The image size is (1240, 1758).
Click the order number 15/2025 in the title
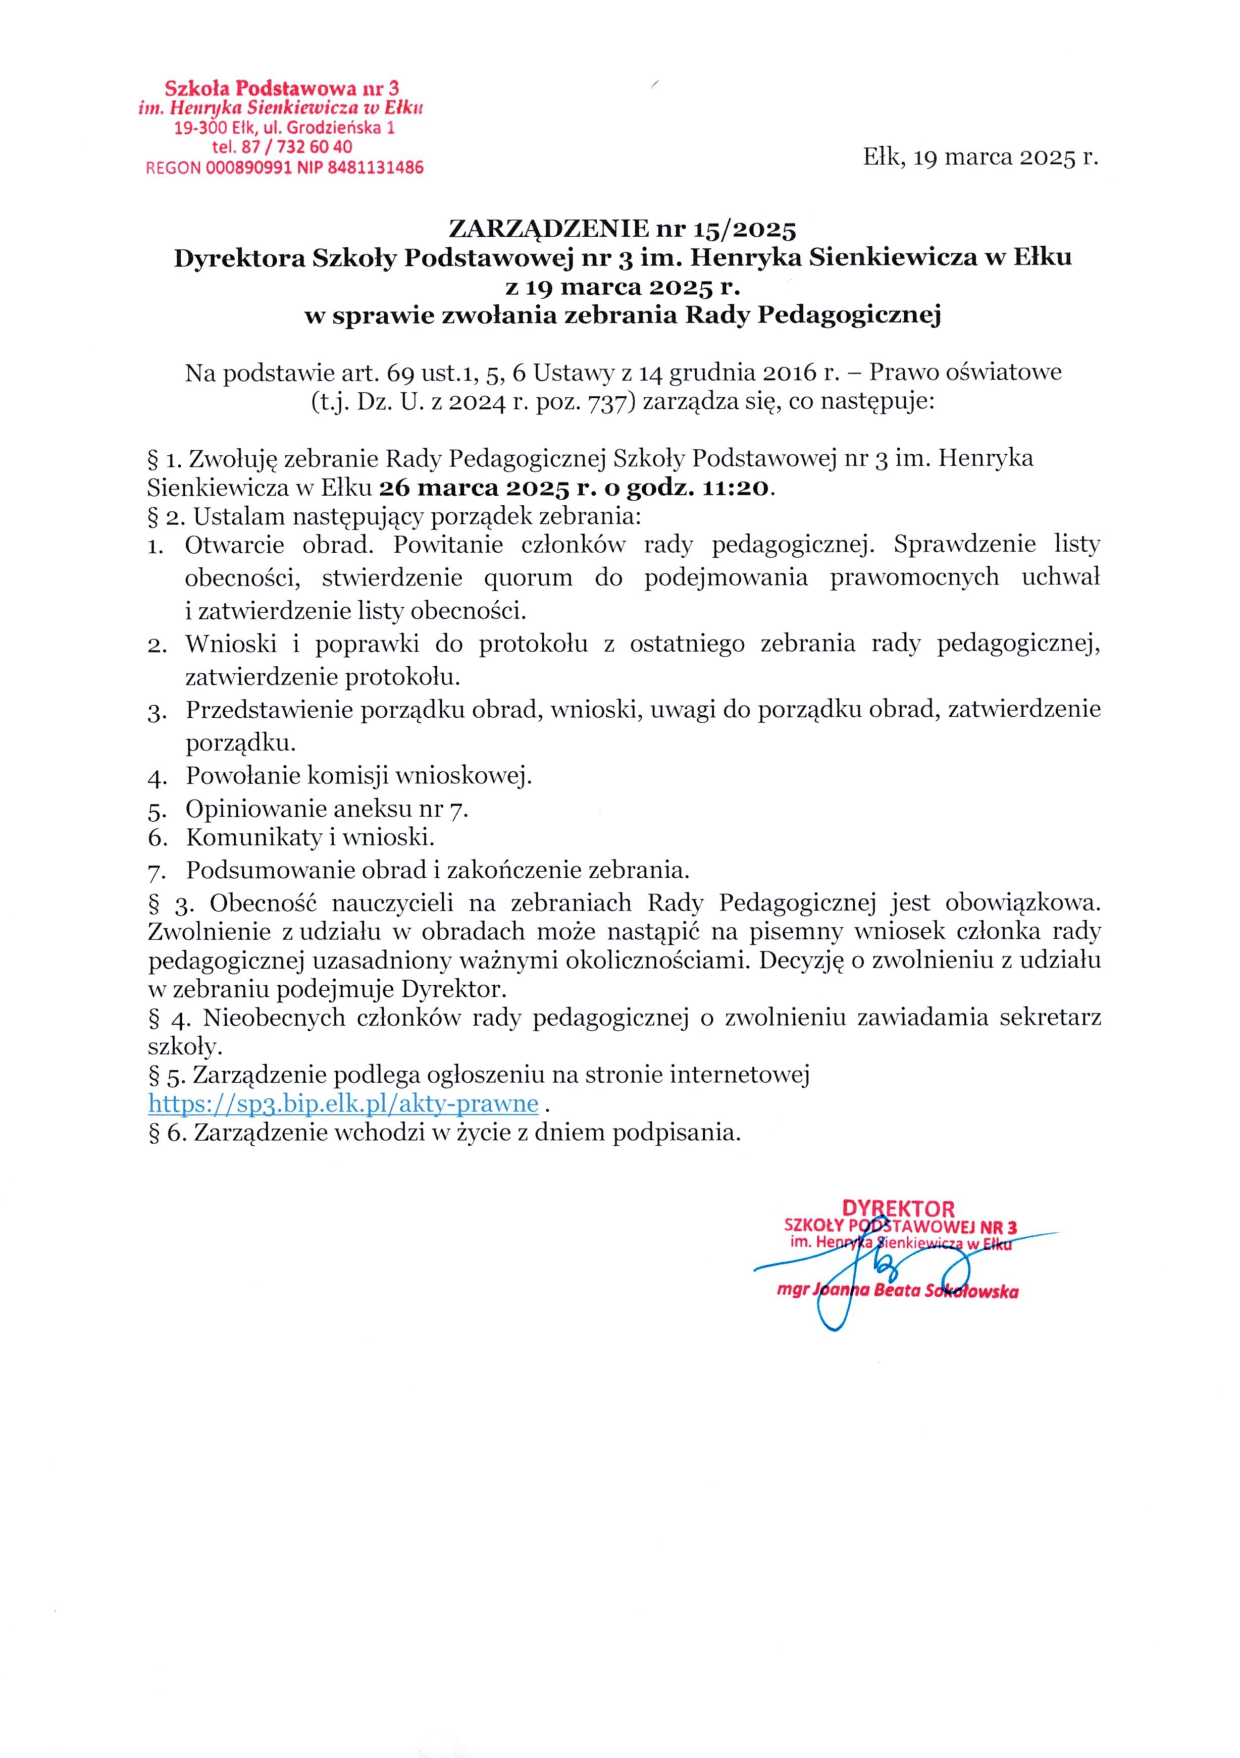click(x=745, y=229)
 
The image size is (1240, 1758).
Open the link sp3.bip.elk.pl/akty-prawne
click(x=343, y=1103)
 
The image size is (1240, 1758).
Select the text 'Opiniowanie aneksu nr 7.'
click(x=327, y=809)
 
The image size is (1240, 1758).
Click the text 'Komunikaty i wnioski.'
click(x=310, y=838)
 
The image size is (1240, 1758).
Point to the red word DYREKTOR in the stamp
click(x=898, y=1209)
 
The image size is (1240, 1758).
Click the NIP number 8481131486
click(x=375, y=168)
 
